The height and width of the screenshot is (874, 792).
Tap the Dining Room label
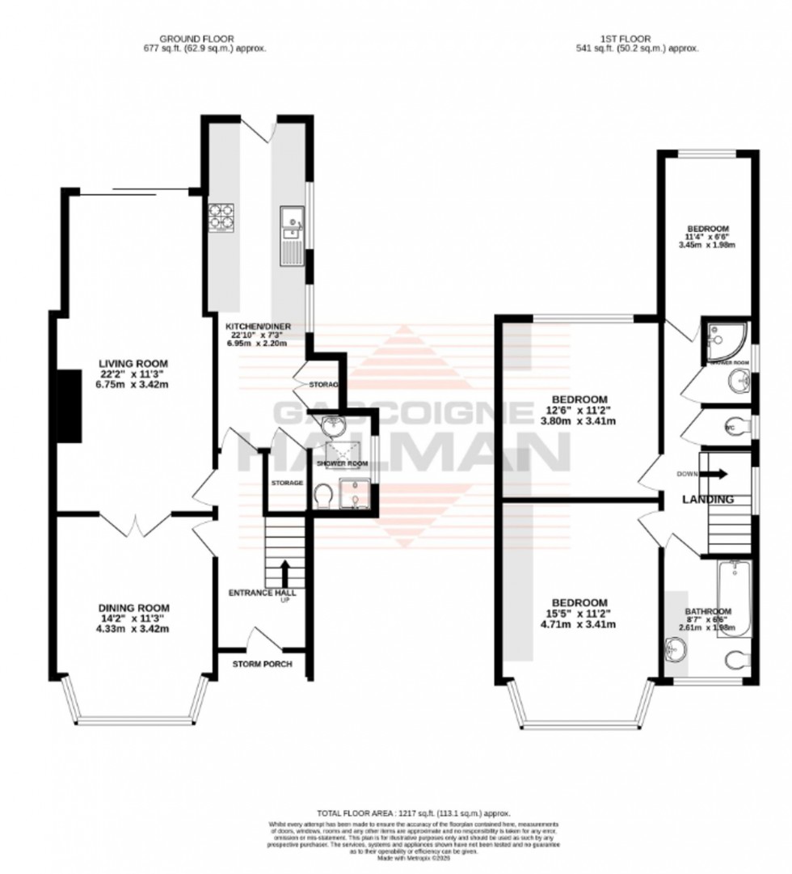133,608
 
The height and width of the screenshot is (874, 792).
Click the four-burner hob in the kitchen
220,217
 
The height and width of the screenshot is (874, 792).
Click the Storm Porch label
262,665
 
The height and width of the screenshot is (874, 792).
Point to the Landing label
708,500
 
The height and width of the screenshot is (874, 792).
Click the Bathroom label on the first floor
708,611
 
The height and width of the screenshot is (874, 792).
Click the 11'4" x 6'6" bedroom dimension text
708,237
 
